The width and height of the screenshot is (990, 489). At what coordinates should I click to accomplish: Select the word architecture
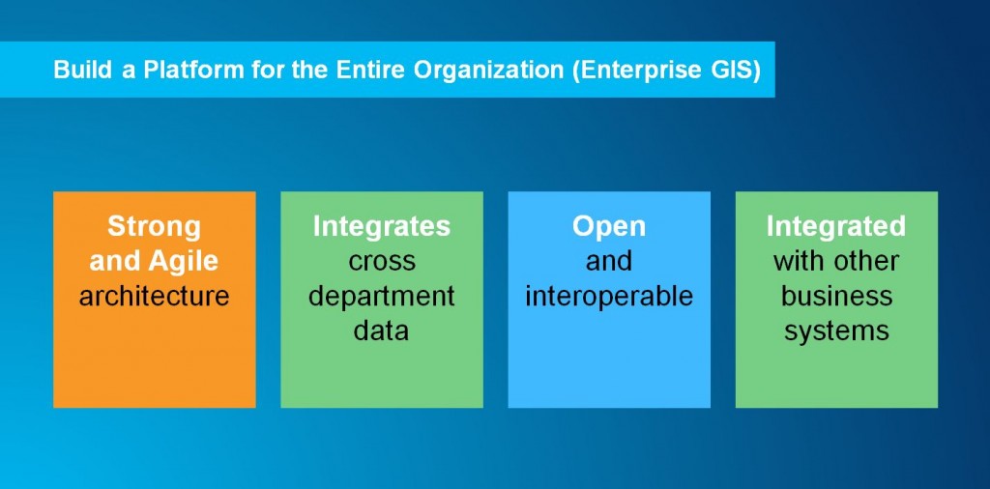click(x=154, y=296)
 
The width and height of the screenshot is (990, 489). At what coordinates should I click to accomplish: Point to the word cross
click(x=382, y=262)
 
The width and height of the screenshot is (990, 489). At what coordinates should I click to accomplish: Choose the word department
click(x=382, y=297)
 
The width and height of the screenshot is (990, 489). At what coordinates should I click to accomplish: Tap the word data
click(x=382, y=331)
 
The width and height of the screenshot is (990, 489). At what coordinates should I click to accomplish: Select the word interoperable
click(x=609, y=297)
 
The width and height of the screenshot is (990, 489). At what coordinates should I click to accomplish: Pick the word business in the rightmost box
click(x=836, y=296)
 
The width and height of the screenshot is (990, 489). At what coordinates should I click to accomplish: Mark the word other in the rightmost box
click(x=867, y=261)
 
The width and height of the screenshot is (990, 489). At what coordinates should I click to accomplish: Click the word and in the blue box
click(x=609, y=261)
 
